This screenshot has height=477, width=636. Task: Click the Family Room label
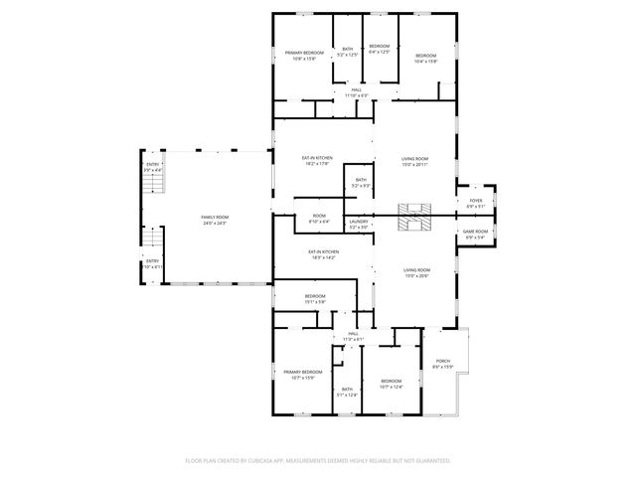pyautogui.click(x=214, y=220)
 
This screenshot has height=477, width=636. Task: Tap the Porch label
pyautogui.click(x=442, y=364)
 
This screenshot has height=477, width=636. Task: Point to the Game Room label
pyautogui.click(x=475, y=235)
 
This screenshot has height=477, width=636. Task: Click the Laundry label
pyautogui.click(x=358, y=225)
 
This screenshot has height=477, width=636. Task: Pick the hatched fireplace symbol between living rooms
pyautogui.click(x=414, y=218)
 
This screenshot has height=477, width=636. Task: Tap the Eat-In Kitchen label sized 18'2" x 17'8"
pyautogui.click(x=317, y=161)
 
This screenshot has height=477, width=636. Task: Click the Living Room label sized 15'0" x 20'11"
pyautogui.click(x=414, y=161)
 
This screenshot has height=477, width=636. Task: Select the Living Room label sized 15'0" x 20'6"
pyautogui.click(x=416, y=272)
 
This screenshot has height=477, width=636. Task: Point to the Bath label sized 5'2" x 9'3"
pyautogui.click(x=361, y=182)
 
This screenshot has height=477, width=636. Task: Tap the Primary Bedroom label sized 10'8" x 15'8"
pyautogui.click(x=304, y=55)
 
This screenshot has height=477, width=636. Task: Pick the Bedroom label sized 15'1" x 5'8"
pyautogui.click(x=315, y=299)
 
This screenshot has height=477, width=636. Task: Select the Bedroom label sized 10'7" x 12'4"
pyautogui.click(x=391, y=384)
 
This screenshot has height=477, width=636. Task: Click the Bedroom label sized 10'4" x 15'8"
pyautogui.click(x=425, y=58)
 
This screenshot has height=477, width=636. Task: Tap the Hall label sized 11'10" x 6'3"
pyautogui.click(x=356, y=92)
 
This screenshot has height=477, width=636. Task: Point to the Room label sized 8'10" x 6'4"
pyautogui.click(x=319, y=219)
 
